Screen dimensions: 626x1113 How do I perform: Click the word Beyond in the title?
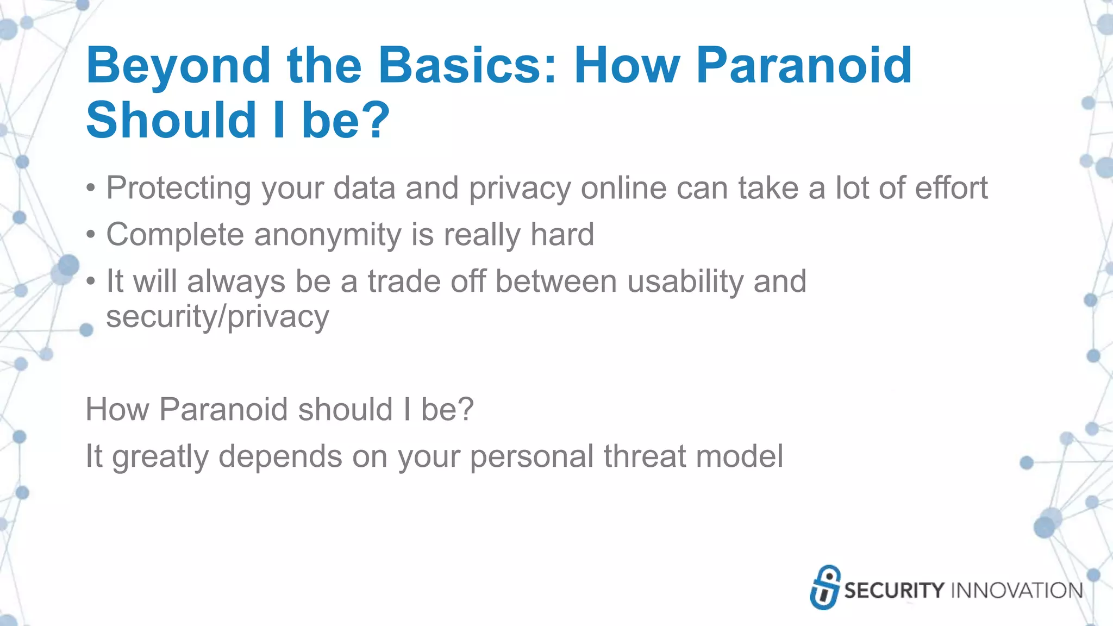178,66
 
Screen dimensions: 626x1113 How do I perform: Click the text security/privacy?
217,317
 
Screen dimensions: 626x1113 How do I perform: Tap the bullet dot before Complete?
91,235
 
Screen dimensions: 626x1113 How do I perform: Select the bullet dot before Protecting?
91,189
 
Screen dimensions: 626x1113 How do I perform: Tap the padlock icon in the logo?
824,587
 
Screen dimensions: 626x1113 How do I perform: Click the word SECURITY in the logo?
894,591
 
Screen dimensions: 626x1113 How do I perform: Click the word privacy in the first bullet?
520,189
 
